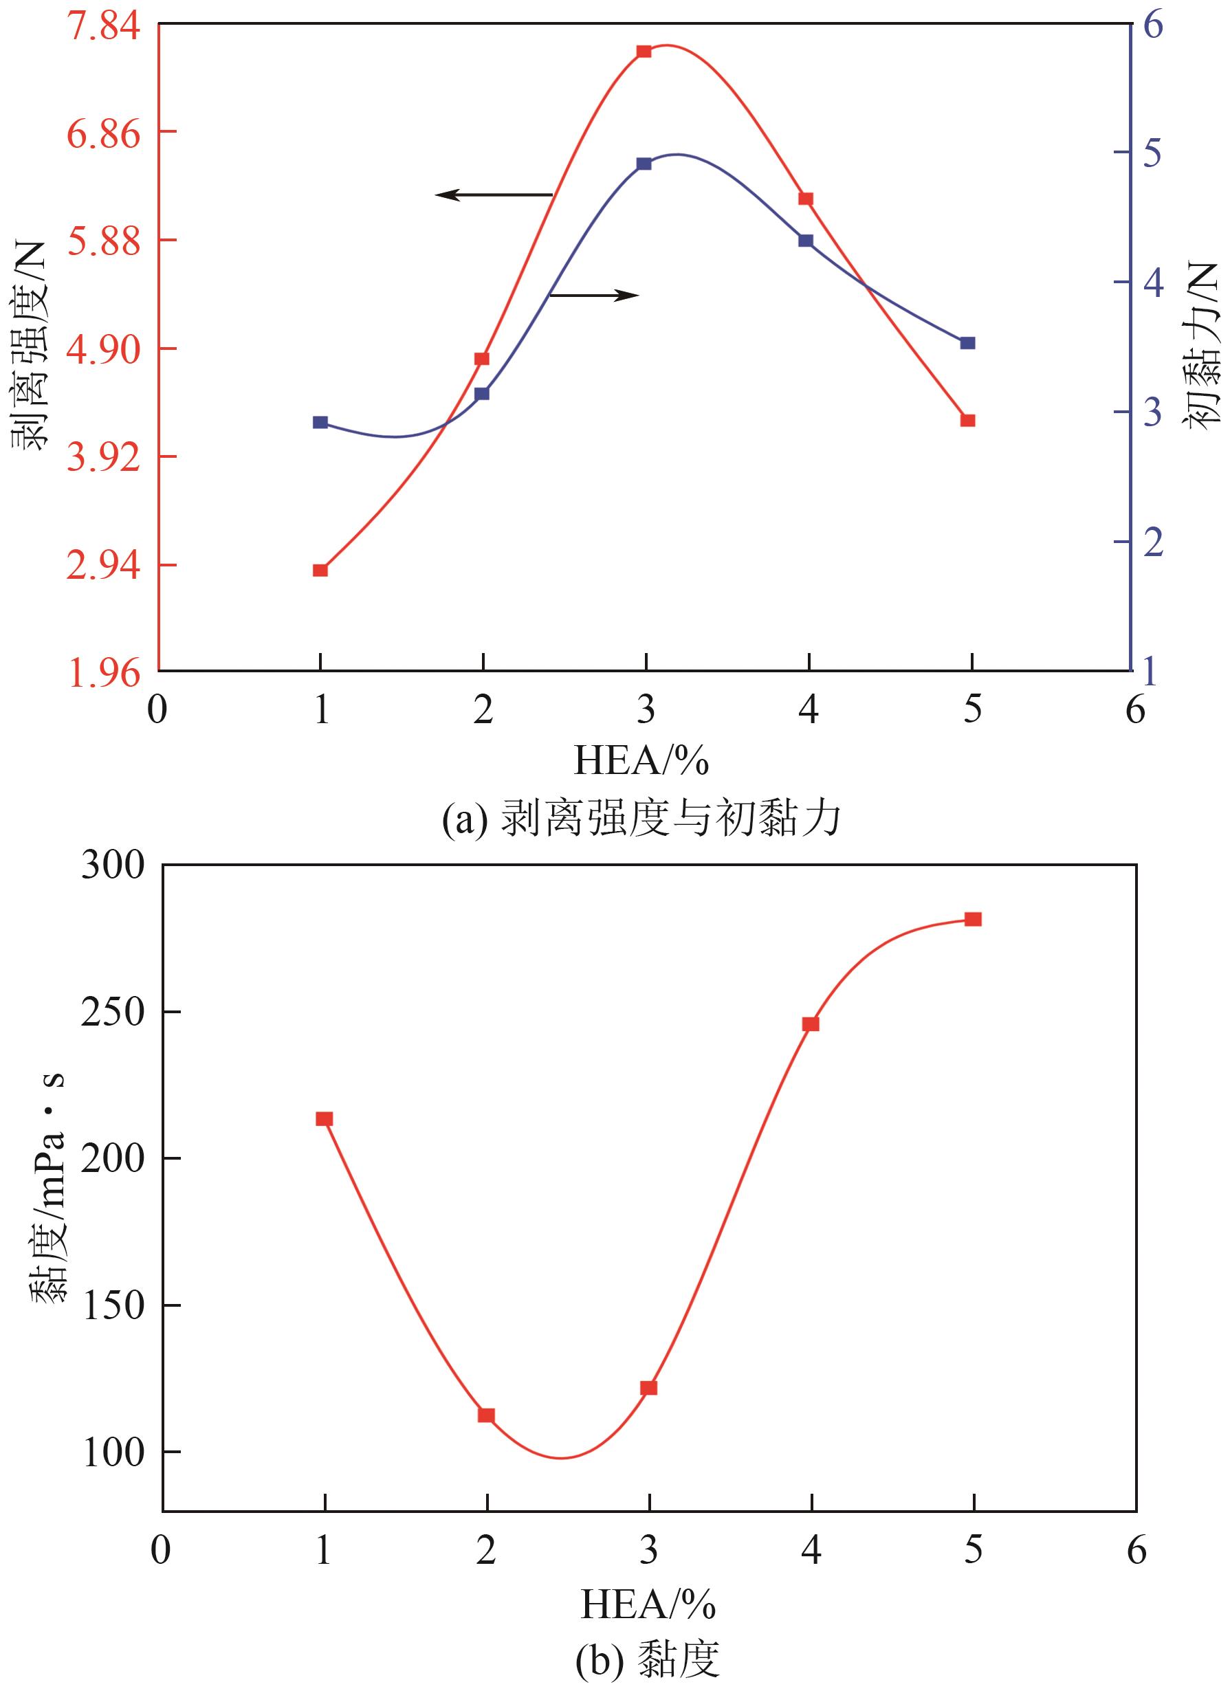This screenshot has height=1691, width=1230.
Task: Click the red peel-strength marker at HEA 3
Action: [644, 52]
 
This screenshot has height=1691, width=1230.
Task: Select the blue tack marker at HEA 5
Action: [968, 343]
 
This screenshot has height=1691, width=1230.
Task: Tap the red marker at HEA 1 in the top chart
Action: [321, 571]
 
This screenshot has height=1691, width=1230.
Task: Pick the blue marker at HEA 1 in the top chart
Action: [321, 423]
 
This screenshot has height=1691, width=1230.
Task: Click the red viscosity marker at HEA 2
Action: [486, 1415]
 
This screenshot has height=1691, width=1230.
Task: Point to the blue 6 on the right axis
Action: [1153, 25]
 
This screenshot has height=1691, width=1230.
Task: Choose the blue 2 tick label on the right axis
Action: [1153, 542]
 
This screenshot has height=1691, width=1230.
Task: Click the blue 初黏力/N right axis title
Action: [1200, 344]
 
